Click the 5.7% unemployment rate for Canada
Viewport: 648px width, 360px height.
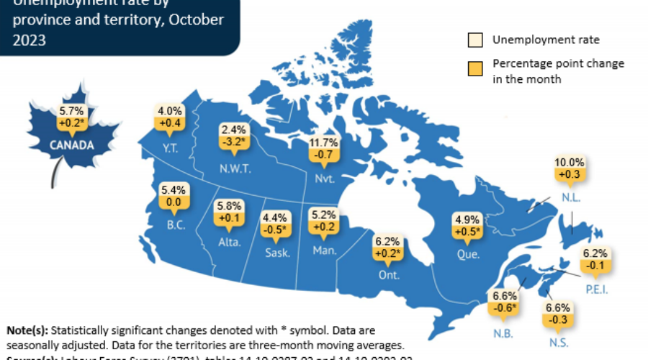71,112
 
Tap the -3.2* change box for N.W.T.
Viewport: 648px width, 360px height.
234,143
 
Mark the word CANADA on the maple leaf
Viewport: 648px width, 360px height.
71,145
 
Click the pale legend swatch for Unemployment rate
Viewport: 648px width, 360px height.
474,40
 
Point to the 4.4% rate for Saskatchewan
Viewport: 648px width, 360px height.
276,216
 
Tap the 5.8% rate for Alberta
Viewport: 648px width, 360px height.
230,206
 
